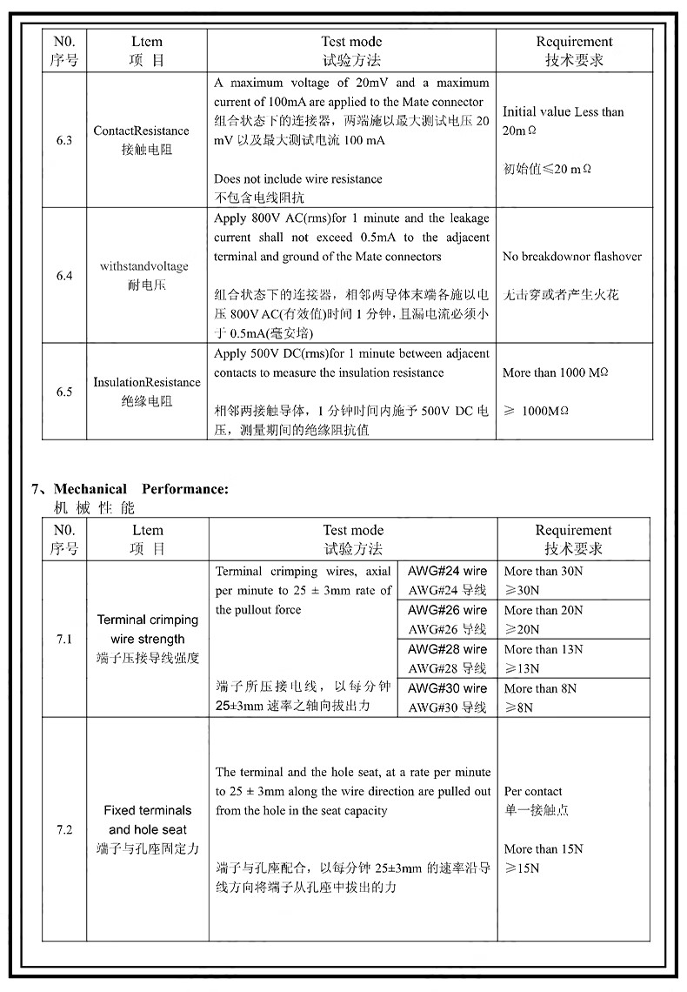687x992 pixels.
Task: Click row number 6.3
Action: pyautogui.click(x=64, y=140)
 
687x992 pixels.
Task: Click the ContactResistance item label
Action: pyautogui.click(x=141, y=131)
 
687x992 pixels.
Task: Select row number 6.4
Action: pyautogui.click(x=64, y=276)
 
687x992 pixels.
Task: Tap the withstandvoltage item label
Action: pyautogui.click(x=143, y=266)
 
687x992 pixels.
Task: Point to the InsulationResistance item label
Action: pyautogui.click(x=147, y=382)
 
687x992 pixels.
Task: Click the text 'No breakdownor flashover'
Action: pyautogui.click(x=572, y=257)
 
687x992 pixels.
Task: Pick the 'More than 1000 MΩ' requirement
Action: pyautogui.click(x=555, y=372)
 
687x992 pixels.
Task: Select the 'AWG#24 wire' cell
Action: pyautogui.click(x=447, y=571)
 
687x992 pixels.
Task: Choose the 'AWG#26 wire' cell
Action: pyautogui.click(x=447, y=610)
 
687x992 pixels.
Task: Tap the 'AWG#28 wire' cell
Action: pyautogui.click(x=447, y=649)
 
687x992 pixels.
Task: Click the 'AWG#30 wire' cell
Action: pyautogui.click(x=447, y=688)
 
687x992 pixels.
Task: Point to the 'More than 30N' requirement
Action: pyautogui.click(x=544, y=571)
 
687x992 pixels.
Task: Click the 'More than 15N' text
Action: pyautogui.click(x=544, y=848)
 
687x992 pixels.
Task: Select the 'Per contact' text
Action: pyautogui.click(x=533, y=791)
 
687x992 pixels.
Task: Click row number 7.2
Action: pyautogui.click(x=64, y=829)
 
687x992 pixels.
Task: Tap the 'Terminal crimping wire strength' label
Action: pyautogui.click(x=148, y=629)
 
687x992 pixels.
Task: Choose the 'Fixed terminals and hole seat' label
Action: pyautogui.click(x=148, y=820)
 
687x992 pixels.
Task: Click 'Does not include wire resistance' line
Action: pyautogui.click(x=298, y=178)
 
